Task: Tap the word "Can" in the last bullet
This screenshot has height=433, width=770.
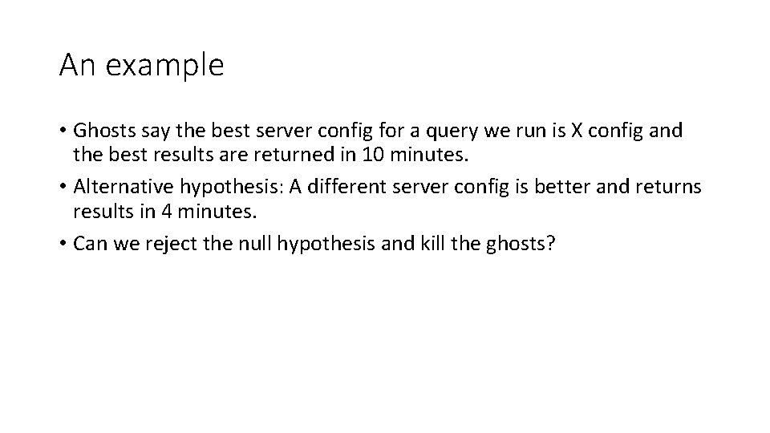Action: click(x=88, y=244)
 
